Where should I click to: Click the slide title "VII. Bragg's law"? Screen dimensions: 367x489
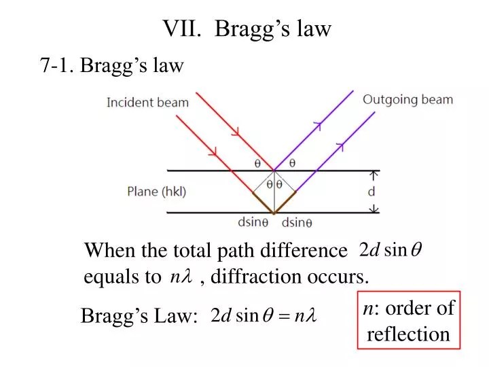pyautogui.click(x=247, y=29)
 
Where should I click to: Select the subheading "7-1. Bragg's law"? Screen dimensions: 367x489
pyautogui.click(x=112, y=66)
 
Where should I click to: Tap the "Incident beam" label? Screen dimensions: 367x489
pyautogui.click(x=147, y=103)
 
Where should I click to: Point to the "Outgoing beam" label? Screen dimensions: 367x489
pyautogui.click(x=407, y=100)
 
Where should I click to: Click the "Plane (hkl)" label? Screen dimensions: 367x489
pyautogui.click(x=156, y=192)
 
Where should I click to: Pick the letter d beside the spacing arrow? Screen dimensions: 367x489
pyautogui.click(x=372, y=192)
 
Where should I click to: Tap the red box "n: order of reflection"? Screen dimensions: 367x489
pyautogui.click(x=408, y=321)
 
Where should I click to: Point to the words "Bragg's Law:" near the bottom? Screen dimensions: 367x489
pyautogui.click(x=139, y=317)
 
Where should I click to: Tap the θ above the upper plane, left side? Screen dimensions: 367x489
pyautogui.click(x=257, y=163)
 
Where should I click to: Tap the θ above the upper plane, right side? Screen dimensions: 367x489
pyautogui.click(x=292, y=163)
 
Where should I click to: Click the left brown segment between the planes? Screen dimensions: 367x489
pyautogui.click(x=264, y=202)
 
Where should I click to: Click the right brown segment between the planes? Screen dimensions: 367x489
pyautogui.click(x=285, y=202)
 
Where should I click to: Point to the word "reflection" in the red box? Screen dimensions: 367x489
pyautogui.click(x=408, y=334)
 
